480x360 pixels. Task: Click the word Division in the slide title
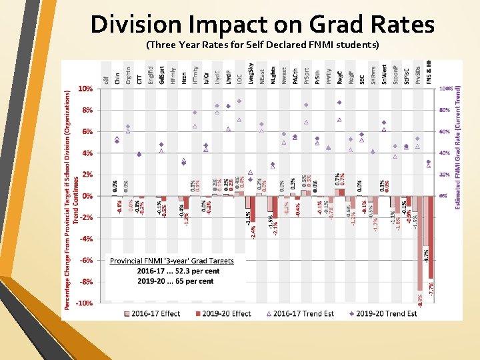(135, 25)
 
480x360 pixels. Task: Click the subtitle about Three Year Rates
(262, 45)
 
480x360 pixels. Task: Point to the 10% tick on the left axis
(86, 88)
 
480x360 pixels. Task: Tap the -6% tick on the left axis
(86, 260)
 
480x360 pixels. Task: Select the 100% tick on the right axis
(446, 88)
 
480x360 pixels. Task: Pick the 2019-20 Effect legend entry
(223, 313)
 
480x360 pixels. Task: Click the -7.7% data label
(431, 288)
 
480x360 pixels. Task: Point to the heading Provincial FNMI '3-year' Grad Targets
(172, 261)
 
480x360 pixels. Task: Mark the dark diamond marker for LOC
(239, 101)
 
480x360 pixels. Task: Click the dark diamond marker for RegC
(339, 102)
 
